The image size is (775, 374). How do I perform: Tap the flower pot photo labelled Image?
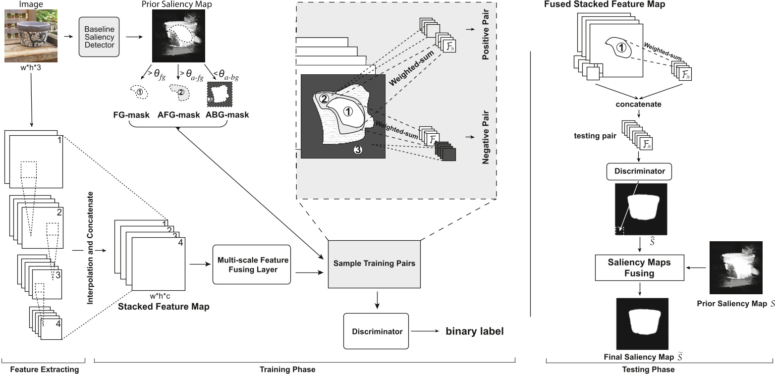click(31, 37)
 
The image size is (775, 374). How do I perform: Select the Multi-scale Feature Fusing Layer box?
click(251, 264)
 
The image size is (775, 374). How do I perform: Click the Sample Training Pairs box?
click(374, 264)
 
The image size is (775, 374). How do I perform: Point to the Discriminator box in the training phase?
click(376, 331)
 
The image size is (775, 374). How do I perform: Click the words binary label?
click(474, 331)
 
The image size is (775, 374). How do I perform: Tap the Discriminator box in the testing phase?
click(639, 172)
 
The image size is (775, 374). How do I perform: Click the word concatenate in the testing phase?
click(638, 105)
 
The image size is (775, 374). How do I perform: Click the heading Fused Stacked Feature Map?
click(605, 4)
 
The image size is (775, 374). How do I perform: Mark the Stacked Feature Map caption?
click(164, 307)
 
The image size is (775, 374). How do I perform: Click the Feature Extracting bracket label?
click(45, 369)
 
